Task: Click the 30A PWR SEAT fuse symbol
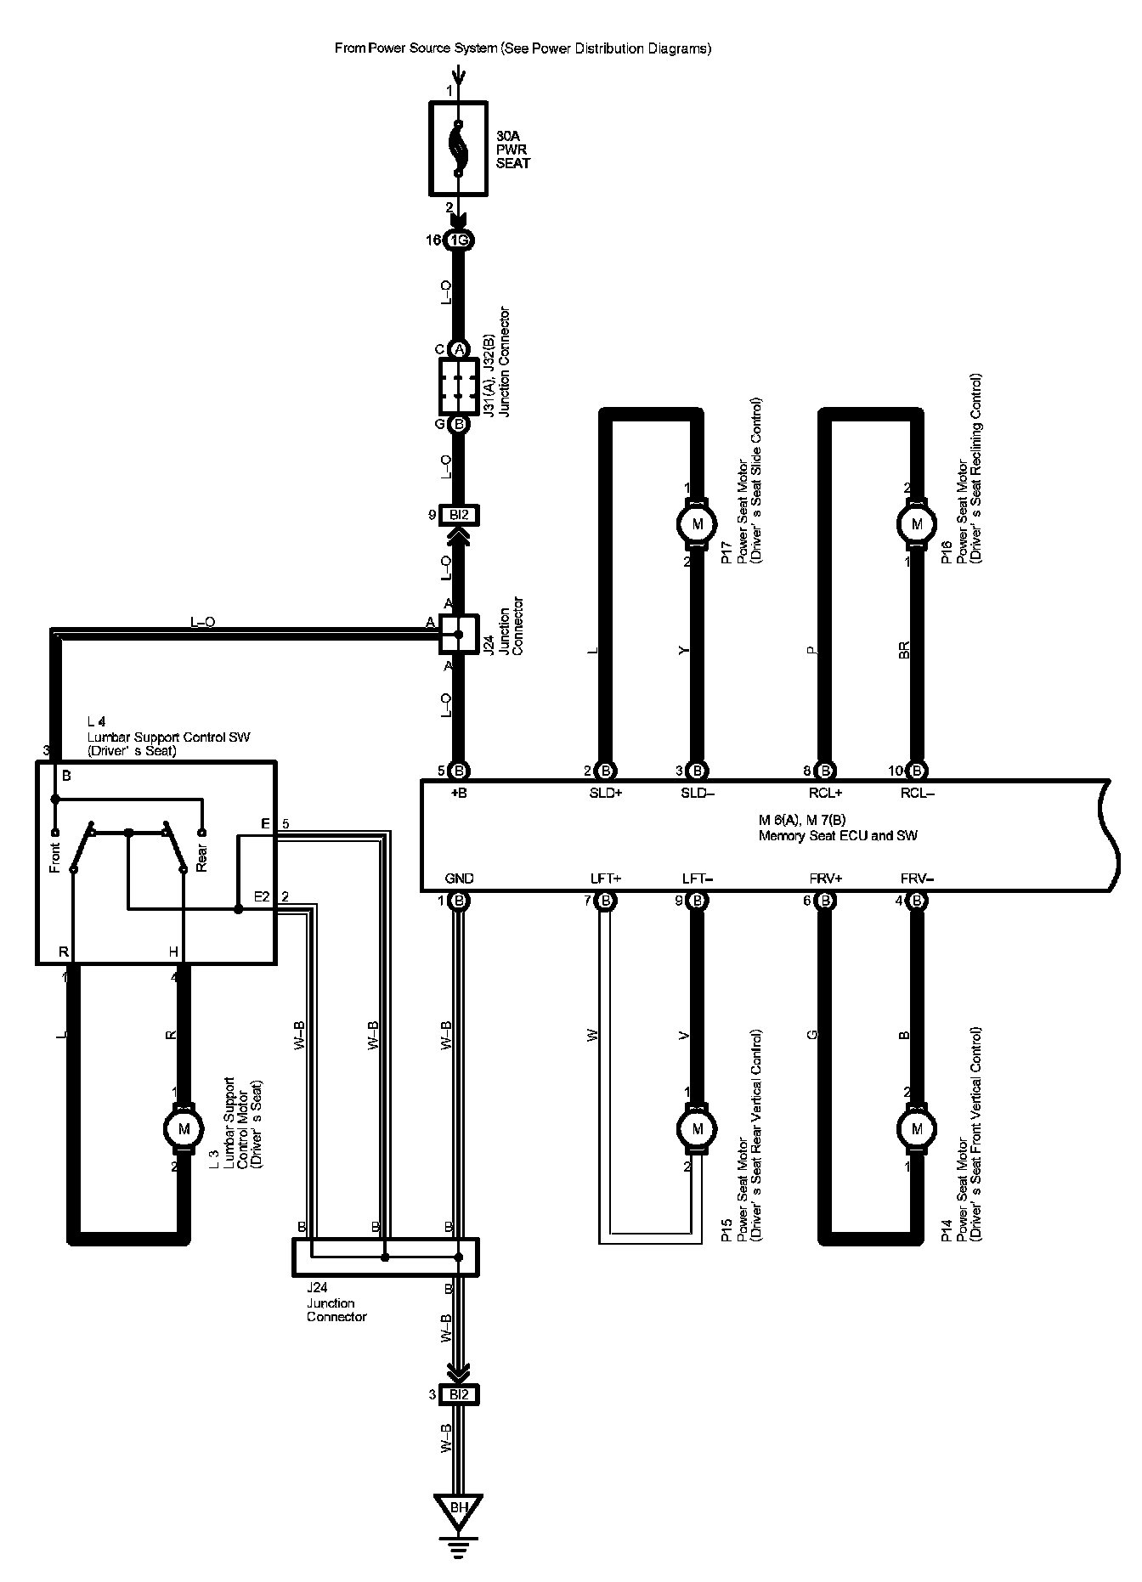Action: click(x=458, y=150)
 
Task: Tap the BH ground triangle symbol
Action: click(x=459, y=1508)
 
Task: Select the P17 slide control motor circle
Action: click(x=698, y=523)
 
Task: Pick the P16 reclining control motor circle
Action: click(x=916, y=523)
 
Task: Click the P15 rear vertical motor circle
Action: click(x=698, y=1128)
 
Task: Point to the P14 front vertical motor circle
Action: click(x=916, y=1128)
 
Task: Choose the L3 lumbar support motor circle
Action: click(x=183, y=1128)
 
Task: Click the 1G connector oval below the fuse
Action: click(x=459, y=240)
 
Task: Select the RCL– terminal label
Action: click(x=917, y=794)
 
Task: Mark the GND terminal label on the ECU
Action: click(x=459, y=879)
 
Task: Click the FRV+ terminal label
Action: click(x=825, y=879)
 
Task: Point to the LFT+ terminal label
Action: click(x=606, y=879)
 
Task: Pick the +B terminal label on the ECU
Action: click(x=460, y=794)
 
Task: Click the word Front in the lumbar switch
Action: click(x=54, y=856)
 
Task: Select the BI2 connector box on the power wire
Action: click(x=459, y=515)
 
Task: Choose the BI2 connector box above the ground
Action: click(x=459, y=1394)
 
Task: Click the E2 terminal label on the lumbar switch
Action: click(x=262, y=896)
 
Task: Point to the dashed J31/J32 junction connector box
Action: click(x=459, y=386)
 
